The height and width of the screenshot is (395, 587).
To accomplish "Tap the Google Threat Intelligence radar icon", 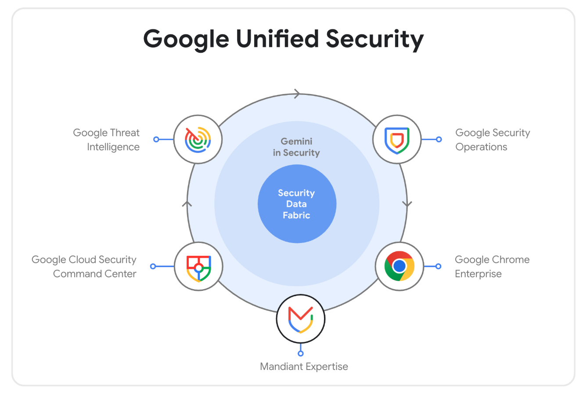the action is [198, 140].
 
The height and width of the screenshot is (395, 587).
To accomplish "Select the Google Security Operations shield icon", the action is [397, 141].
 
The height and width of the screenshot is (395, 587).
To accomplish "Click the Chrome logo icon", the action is [400, 266].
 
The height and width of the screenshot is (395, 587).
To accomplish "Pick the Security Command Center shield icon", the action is [198, 268].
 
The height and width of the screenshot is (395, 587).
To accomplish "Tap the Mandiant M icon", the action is [301, 319].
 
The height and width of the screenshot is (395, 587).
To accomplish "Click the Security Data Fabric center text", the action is [296, 204].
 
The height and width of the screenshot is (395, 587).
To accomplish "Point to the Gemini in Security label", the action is [296, 147].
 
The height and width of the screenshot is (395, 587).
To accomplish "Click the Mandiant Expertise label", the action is [304, 366].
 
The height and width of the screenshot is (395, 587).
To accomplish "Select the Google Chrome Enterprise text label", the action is [492, 266].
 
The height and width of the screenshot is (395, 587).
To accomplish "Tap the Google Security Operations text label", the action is [493, 140].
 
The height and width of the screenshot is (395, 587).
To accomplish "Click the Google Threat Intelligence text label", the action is [106, 140].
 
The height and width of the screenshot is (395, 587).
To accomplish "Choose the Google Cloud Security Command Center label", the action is [84, 266].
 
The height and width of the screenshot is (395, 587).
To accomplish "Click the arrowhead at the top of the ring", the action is [297, 94].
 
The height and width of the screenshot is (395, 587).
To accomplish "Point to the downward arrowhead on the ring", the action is [407, 204].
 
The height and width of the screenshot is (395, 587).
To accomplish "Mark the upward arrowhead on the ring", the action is [187, 204].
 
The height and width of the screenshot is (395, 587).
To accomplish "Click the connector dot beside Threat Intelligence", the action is [156, 139].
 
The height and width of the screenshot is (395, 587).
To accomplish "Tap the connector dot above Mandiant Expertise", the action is [301, 354].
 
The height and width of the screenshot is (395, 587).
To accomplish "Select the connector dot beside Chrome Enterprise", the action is [439, 266].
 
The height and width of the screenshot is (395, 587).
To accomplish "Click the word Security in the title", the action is [375, 40].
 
